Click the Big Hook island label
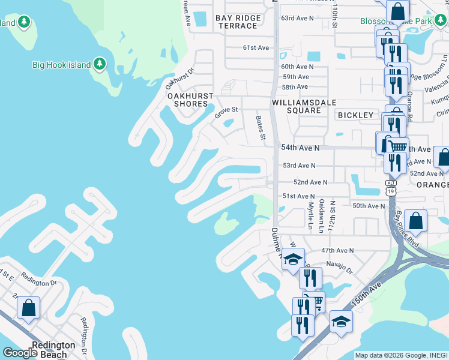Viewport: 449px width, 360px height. point(61,65)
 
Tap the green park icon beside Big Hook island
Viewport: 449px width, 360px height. point(100,64)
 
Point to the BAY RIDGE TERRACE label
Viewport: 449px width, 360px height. point(239,22)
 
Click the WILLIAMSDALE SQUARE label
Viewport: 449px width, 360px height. point(298,106)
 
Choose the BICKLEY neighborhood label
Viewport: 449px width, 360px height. point(355,115)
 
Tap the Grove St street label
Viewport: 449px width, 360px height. point(227,110)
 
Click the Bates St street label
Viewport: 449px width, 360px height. point(261,128)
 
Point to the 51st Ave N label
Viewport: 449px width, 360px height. point(298,196)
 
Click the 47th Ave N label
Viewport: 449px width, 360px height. point(337,250)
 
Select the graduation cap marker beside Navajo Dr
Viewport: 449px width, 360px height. point(293,259)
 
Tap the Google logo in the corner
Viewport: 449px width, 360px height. point(20,353)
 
